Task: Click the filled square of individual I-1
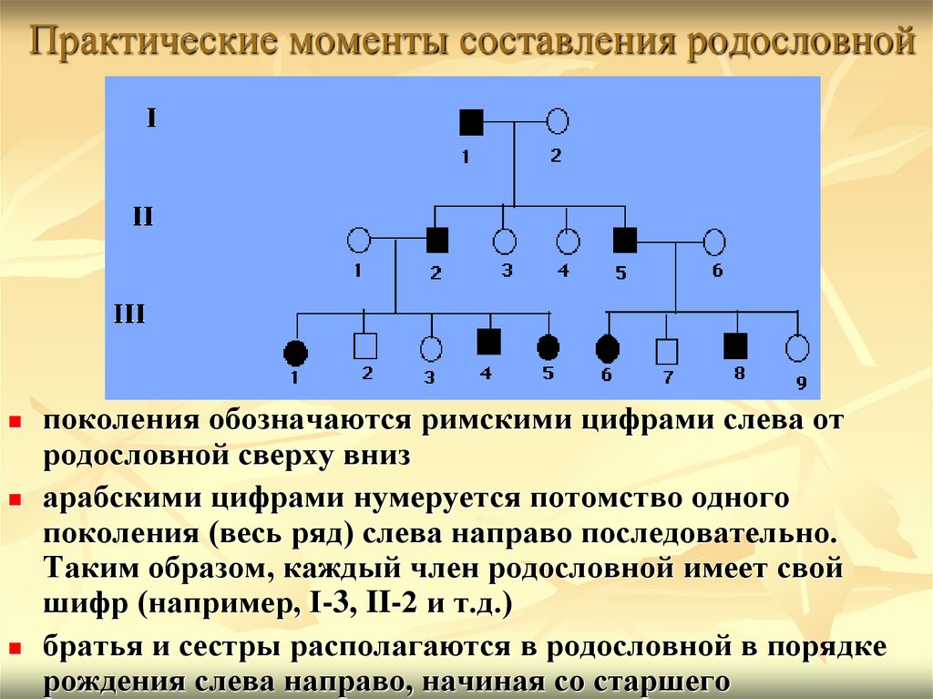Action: pos(471,121)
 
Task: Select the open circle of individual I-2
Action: pos(558,120)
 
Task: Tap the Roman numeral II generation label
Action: pos(143,217)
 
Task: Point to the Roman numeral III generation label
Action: pos(129,315)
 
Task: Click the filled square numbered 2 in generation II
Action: pos(437,240)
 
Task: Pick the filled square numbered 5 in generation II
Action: pos(624,240)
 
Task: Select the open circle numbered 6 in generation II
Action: pos(715,242)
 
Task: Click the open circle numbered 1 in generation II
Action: pos(359,241)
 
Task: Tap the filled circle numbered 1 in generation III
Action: pos(295,349)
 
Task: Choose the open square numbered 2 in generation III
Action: pos(364,345)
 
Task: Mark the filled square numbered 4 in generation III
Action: pos(489,341)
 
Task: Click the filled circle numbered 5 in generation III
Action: pos(548,346)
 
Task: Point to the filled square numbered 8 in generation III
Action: pos(735,345)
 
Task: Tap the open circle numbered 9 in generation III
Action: pos(797,347)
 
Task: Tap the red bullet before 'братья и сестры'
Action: pos(15,648)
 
